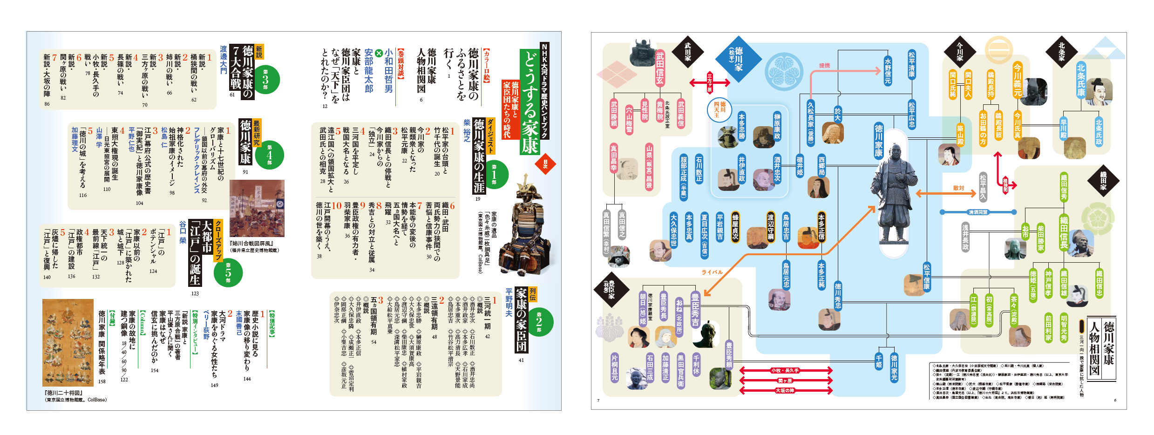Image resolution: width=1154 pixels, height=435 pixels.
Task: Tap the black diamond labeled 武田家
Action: coord(687,51)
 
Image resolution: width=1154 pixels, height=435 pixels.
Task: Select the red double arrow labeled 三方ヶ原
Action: coord(709,83)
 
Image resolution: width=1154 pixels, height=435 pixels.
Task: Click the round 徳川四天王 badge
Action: coord(720,110)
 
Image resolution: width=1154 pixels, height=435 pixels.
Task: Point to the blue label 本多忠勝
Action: coord(741,126)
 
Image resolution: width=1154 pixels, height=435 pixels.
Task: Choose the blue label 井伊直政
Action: coord(741,169)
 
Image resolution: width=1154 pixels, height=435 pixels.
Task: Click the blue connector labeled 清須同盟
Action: coord(978,212)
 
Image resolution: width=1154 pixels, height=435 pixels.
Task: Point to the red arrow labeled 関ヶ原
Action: coord(785,381)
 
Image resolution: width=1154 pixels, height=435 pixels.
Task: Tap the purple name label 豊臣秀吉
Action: coord(695,309)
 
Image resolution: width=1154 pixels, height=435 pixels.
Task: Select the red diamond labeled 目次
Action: coord(545,164)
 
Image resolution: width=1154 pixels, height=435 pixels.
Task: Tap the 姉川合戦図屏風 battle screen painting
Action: coord(257,208)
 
